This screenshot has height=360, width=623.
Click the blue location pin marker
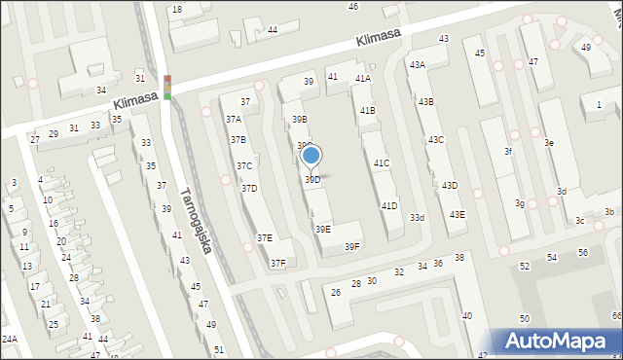pos(311,156)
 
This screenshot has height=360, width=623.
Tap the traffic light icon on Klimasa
pos(167,87)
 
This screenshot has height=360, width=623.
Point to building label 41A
pos(363,79)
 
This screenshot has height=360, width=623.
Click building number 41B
pos(367,111)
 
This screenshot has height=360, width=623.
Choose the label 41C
pos(382,163)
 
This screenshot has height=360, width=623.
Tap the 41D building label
pos(389,205)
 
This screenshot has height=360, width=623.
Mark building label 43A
pos(417,64)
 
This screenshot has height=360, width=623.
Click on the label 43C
pos(435,140)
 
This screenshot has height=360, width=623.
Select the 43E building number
pos(457,215)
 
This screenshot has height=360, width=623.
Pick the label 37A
pos(235,119)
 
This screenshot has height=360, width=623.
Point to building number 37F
pos(278,263)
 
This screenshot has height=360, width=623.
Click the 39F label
pos(352,247)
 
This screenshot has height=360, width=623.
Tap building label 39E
pos(322,229)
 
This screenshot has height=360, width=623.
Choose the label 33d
pos(417,217)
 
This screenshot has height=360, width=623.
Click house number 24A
pos(10,340)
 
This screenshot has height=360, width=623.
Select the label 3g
pos(520,203)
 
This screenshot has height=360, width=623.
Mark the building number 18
pos(177,10)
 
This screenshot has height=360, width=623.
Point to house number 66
pos(616,316)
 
